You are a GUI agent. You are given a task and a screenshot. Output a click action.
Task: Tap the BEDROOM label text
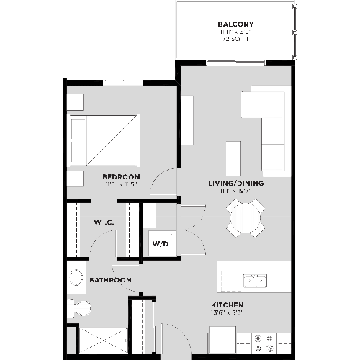pyautogui.click(x=120, y=177)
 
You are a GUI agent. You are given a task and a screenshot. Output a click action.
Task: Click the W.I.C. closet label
pyautogui.click(x=103, y=222)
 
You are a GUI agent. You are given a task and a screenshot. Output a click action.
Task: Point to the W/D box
pyautogui.click(x=160, y=243)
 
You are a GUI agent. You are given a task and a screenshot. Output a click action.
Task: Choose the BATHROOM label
pyautogui.click(x=110, y=279)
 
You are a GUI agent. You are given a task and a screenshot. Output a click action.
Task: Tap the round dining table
pyautogui.click(x=245, y=217)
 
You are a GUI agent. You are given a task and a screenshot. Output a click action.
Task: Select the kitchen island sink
pyautogui.click(x=255, y=279)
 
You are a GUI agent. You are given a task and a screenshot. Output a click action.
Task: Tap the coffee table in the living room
pyautogui.click(x=233, y=154)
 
